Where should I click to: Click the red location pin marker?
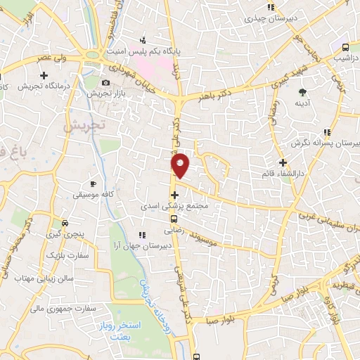180,165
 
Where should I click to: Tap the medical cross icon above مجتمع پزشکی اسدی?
174,194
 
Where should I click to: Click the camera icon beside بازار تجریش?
105,82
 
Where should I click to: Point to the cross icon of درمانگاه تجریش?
44,75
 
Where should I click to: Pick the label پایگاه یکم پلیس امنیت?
145,51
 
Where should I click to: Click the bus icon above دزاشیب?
345,48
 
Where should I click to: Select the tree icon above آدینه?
303,92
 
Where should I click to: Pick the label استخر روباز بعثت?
127,330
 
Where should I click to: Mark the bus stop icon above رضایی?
174,219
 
